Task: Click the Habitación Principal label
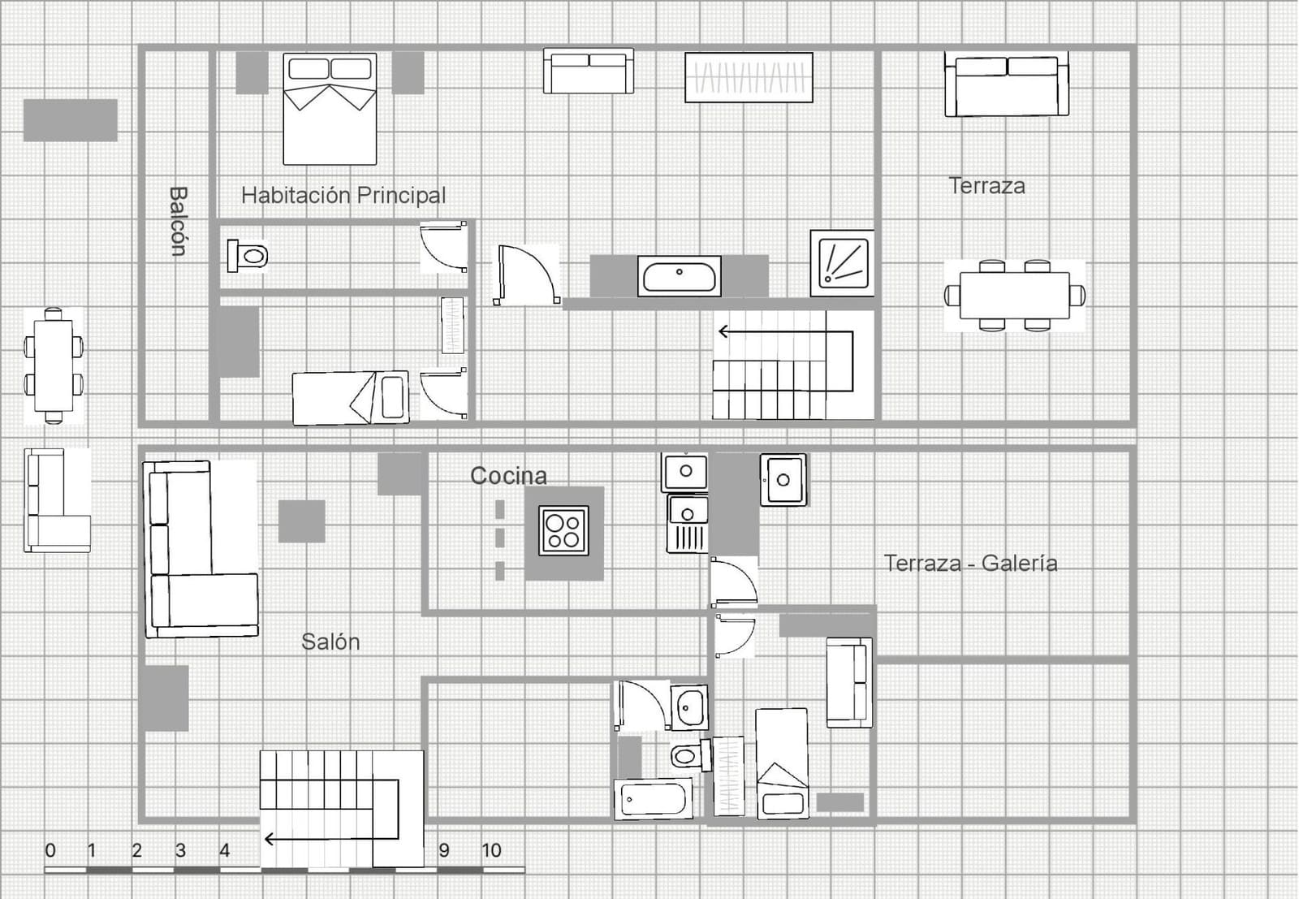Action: (x=343, y=195)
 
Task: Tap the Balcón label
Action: (x=178, y=221)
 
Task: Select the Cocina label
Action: (x=508, y=476)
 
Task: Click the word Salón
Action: (x=330, y=642)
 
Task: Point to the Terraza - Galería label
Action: (x=970, y=563)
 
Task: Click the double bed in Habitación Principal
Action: (x=330, y=109)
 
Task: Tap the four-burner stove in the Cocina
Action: (x=563, y=530)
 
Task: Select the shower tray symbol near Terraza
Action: (x=843, y=262)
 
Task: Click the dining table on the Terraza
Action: (x=1014, y=296)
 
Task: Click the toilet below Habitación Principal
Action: (x=248, y=257)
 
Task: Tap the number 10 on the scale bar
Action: (x=491, y=850)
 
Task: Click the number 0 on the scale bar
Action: (x=50, y=850)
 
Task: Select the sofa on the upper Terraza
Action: (x=1006, y=85)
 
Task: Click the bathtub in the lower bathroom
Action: (x=654, y=799)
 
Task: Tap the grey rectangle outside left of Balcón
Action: (x=70, y=120)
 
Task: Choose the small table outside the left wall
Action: (x=54, y=365)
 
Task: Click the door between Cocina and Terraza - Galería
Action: (x=733, y=582)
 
